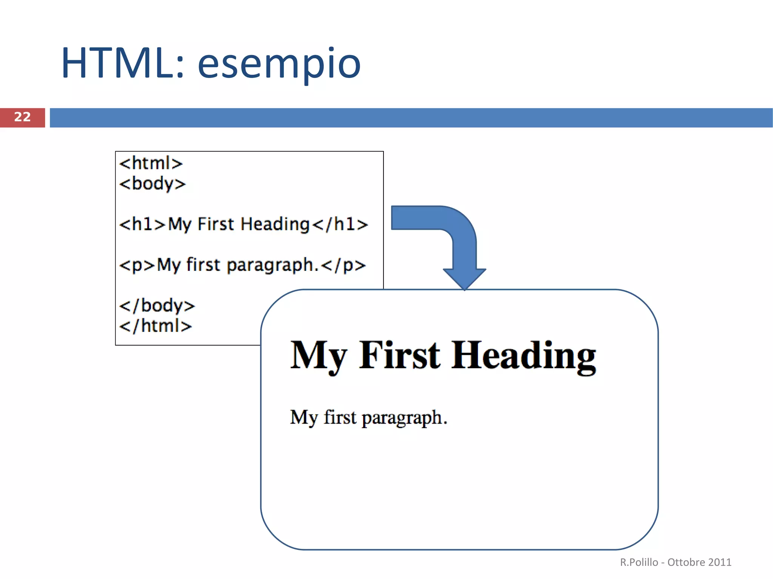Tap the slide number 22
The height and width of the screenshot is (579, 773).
click(22, 117)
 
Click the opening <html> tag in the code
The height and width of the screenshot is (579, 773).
click(151, 164)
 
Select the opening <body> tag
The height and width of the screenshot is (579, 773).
click(152, 184)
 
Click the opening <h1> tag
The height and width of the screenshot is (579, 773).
click(142, 224)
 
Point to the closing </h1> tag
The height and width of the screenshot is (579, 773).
click(340, 224)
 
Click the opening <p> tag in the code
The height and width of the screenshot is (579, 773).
click(137, 265)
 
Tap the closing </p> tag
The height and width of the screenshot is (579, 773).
click(343, 265)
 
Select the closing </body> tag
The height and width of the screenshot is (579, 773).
click(157, 306)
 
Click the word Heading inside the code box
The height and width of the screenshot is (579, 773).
click(276, 224)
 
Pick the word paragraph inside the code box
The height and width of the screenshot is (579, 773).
click(270, 265)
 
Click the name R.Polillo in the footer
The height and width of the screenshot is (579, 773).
click(639, 562)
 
